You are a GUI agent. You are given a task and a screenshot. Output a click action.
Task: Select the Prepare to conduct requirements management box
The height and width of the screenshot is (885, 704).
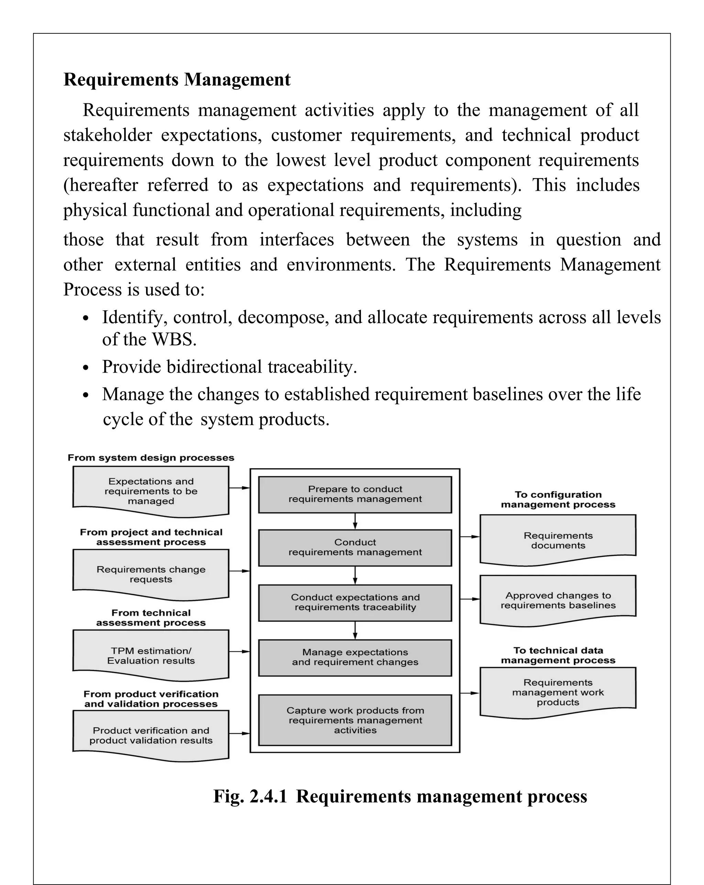pyautogui.click(x=355, y=494)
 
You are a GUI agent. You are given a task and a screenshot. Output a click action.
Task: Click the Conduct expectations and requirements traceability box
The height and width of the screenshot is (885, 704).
pyautogui.click(x=355, y=602)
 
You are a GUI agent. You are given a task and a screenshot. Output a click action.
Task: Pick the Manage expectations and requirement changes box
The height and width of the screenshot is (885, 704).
pyautogui.click(x=355, y=657)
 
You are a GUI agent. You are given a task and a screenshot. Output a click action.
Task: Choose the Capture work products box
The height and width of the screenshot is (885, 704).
pyautogui.click(x=355, y=720)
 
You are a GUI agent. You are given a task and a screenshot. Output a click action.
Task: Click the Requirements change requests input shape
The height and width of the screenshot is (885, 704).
pyautogui.click(x=151, y=574)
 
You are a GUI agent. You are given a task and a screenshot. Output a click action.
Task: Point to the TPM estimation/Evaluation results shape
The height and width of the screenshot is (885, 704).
pyautogui.click(x=151, y=655)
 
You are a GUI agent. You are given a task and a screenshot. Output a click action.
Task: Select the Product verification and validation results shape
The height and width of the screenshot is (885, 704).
pyautogui.click(x=151, y=735)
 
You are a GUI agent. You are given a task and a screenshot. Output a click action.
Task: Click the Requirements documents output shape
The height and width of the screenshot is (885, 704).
pyautogui.click(x=558, y=540)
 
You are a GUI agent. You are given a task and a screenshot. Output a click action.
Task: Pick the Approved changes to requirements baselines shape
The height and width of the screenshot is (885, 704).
pyautogui.click(x=558, y=600)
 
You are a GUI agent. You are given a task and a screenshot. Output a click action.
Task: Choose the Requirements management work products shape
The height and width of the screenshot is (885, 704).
pyautogui.click(x=558, y=692)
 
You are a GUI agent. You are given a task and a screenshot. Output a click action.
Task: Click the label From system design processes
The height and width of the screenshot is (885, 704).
pyautogui.click(x=151, y=458)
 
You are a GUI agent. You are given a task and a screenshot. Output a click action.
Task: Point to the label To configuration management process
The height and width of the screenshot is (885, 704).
pyautogui.click(x=558, y=500)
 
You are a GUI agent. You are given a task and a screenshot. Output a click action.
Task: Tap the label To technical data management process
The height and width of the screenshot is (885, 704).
pyautogui.click(x=558, y=655)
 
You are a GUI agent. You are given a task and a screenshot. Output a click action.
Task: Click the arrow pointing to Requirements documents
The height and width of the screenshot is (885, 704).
pyautogui.click(x=470, y=536)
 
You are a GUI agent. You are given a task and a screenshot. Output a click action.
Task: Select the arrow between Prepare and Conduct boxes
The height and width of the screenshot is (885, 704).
pyautogui.click(x=355, y=521)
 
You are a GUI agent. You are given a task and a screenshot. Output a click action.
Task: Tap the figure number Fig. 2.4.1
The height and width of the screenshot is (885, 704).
pyautogui.click(x=250, y=797)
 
